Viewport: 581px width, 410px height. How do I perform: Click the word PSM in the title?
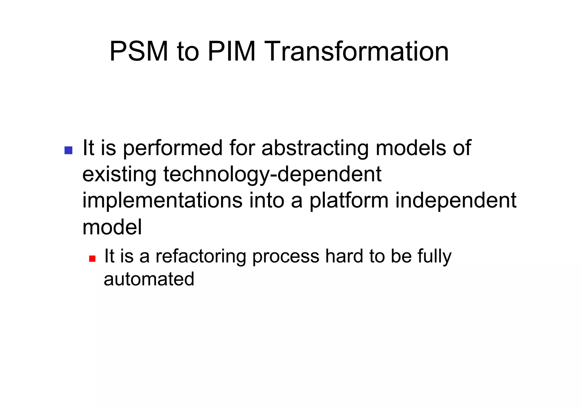(x=139, y=52)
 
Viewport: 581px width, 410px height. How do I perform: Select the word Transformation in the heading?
(x=357, y=52)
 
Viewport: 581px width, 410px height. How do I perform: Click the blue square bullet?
(x=68, y=150)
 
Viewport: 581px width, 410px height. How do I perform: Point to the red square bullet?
(x=92, y=258)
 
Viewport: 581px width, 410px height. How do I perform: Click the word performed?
(x=173, y=148)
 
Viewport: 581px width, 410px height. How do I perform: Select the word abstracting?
(x=315, y=148)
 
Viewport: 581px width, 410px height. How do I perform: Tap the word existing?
(x=119, y=175)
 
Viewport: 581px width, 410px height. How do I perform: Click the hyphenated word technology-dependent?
(x=272, y=175)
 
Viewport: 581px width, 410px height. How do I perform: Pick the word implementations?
(x=162, y=201)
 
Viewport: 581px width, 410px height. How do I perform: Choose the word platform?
(x=349, y=201)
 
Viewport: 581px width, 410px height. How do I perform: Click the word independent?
(x=456, y=201)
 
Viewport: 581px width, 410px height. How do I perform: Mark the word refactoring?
(x=201, y=256)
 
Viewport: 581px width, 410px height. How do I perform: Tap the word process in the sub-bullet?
(x=286, y=256)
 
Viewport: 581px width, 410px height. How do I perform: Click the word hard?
(x=344, y=256)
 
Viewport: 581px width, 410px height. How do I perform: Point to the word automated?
(x=149, y=279)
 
